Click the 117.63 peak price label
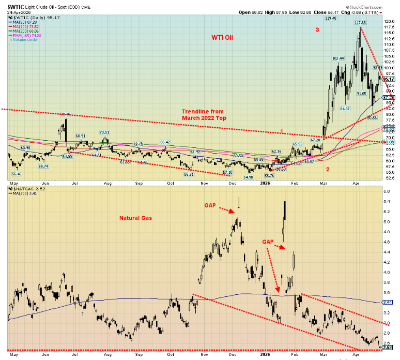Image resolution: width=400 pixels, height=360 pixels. tap(359, 23)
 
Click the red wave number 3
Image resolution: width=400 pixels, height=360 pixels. tap(317, 30)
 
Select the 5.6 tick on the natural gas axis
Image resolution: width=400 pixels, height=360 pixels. tap(387, 191)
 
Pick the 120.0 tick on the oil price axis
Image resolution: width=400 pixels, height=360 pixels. tap(388, 22)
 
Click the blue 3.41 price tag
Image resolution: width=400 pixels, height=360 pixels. tap(387, 302)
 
